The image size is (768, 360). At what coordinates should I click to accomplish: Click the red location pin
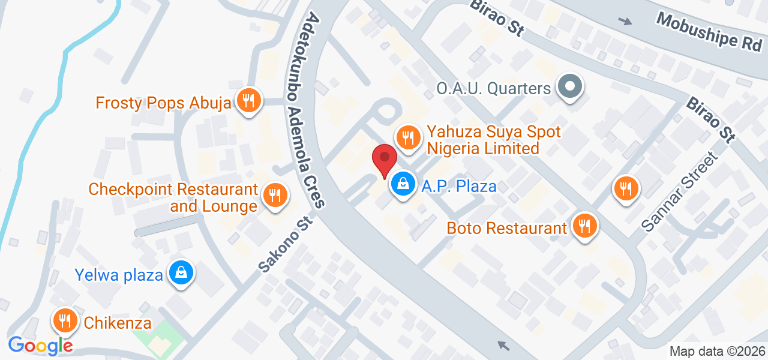[x=384, y=160]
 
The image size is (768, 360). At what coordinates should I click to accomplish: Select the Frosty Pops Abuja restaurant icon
[x=247, y=100]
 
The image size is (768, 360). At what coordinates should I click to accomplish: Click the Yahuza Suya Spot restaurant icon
[x=408, y=136]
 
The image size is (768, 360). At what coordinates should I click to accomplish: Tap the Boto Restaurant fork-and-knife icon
[x=583, y=226]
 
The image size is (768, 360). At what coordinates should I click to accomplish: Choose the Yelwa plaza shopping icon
[x=181, y=273]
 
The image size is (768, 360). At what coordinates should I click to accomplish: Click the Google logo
[x=40, y=346]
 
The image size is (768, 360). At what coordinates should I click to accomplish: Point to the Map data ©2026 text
[x=717, y=352]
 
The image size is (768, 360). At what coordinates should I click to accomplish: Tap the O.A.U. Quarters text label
[x=493, y=89]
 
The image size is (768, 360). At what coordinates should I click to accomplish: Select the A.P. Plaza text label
[x=459, y=186]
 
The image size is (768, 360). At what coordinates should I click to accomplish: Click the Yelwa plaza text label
[x=119, y=275]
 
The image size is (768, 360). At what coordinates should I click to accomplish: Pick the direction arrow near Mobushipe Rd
[x=625, y=22]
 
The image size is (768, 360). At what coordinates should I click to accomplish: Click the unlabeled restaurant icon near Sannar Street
[x=626, y=189]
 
